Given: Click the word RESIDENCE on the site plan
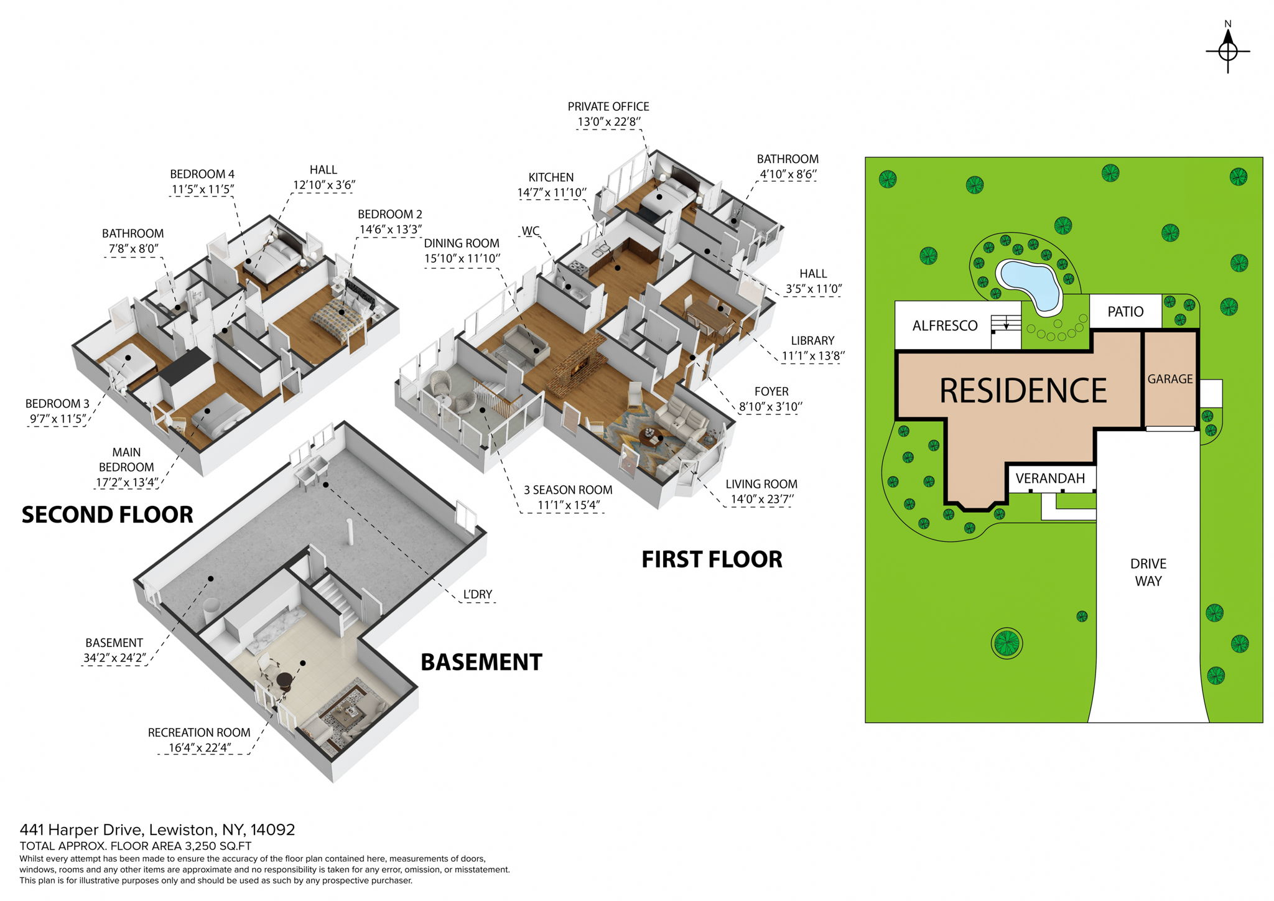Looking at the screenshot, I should click(1023, 391).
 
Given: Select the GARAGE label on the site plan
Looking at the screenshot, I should click(1169, 379).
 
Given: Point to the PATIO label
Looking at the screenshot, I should click(1125, 312).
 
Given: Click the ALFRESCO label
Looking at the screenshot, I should click(944, 325).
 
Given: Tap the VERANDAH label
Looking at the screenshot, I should click(1049, 479).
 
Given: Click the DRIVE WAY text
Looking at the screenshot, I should click(1148, 572).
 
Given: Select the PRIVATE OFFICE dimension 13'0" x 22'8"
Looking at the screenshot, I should click(608, 122).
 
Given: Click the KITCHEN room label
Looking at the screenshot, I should click(551, 177).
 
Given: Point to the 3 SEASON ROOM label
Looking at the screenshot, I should click(567, 490).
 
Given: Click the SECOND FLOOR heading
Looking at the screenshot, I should click(107, 515).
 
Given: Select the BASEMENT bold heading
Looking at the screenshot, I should click(481, 662).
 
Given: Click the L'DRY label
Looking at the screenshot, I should click(477, 594).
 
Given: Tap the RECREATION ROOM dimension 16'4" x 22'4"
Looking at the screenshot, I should click(199, 748).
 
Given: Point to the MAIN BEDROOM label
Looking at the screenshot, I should click(126, 460).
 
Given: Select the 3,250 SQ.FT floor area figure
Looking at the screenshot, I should click(218, 846).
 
